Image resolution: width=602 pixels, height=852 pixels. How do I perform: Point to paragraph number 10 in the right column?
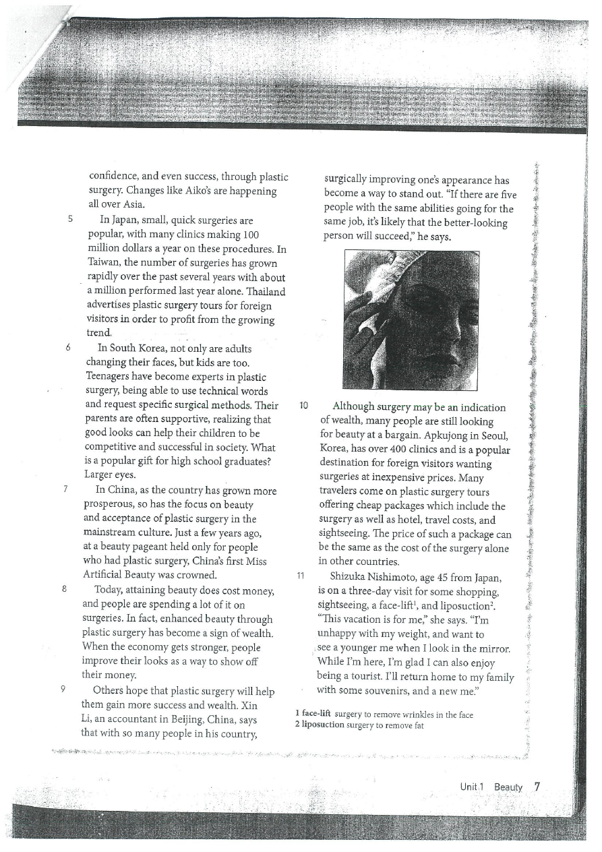pos(303,406)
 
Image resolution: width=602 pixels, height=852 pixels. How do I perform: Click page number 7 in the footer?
pos(537,786)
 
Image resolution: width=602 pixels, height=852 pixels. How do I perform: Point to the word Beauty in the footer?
pos(508,787)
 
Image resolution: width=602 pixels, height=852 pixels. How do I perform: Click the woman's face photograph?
pos(411,319)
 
